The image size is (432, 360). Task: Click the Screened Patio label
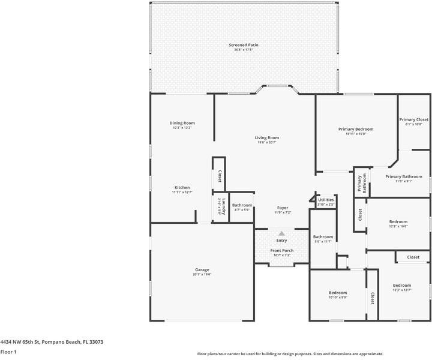243,45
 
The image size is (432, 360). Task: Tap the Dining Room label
182,123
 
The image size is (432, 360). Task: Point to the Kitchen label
182,187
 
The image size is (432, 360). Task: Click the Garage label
202,269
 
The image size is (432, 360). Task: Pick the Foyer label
282,208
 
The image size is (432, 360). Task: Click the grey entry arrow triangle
281,233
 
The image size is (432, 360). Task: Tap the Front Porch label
281,250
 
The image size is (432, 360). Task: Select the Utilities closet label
326,200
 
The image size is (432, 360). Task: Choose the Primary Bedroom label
355,129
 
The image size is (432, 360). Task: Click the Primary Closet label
414,119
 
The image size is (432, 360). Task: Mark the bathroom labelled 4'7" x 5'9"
242,205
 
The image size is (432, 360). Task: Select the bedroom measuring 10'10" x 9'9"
338,292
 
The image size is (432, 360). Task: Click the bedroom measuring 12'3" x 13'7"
401,285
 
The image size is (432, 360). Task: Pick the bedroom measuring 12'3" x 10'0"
398,221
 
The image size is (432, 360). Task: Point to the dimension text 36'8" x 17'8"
243,50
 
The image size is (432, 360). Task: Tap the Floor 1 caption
8,352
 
